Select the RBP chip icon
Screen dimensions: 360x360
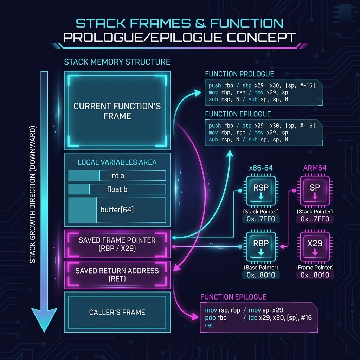point(261,246)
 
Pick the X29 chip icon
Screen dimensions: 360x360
point(315,246)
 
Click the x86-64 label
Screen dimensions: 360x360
point(261,168)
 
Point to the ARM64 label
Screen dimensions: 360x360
point(315,168)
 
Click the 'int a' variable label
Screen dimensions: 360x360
point(117,175)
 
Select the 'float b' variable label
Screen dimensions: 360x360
point(117,189)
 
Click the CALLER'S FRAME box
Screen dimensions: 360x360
point(117,312)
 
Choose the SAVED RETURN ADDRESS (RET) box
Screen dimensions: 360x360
point(117,275)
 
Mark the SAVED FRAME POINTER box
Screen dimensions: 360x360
point(117,244)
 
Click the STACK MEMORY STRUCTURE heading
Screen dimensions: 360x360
point(117,62)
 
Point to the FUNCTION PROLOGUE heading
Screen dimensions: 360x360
point(239,74)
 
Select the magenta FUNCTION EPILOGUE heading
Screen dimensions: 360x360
point(233,297)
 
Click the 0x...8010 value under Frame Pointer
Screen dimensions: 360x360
point(315,275)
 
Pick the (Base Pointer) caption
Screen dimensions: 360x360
point(261,268)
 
